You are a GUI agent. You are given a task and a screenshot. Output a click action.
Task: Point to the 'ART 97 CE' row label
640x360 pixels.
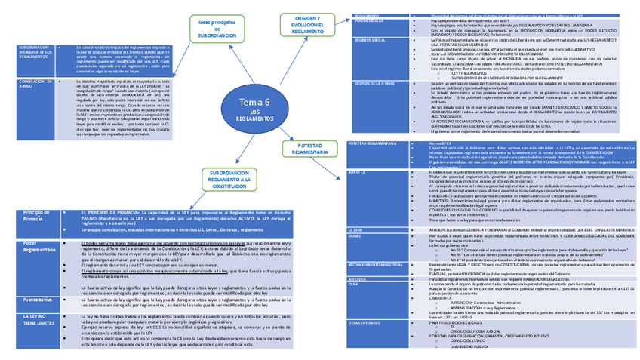point(358,172)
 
